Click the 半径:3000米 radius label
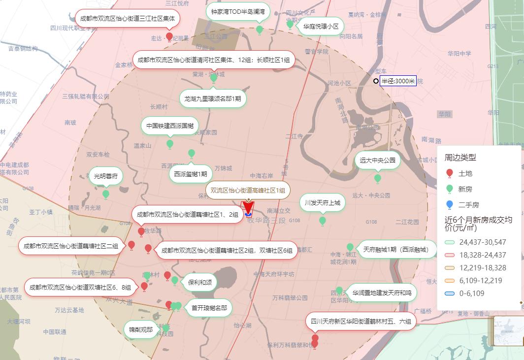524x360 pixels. click(398, 81)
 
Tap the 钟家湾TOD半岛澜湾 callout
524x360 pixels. click(238, 11)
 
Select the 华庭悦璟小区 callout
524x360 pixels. click(321, 26)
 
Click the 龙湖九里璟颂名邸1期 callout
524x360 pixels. click(213, 98)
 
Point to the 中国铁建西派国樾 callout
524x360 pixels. click(170, 126)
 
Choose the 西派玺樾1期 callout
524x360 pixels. click(191, 173)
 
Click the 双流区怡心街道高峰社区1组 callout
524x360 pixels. click(248, 190)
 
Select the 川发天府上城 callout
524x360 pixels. click(322, 202)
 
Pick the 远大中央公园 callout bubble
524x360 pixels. click(377, 160)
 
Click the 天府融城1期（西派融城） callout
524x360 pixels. click(396, 250)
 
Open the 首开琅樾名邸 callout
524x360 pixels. click(209, 308)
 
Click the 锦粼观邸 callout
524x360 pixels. click(141, 329)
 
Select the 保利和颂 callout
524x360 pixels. click(199, 282)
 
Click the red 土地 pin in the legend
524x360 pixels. click(449, 173)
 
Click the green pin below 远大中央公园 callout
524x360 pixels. click(378, 178)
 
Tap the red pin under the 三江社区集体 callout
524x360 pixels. click(169, 36)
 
